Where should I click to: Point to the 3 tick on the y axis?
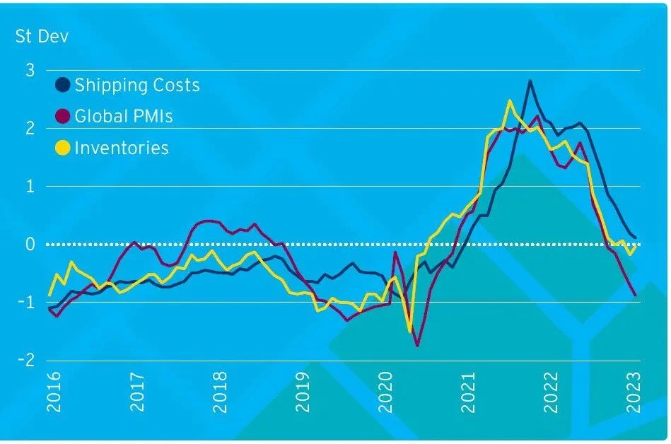(30, 70)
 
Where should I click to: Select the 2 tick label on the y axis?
(30, 129)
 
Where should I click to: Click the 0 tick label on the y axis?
(30, 245)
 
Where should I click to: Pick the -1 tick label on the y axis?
(27, 303)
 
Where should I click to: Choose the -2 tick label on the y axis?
(27, 361)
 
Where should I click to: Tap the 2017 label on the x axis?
(137, 393)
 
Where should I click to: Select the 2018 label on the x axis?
(220, 393)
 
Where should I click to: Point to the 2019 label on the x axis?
(303, 393)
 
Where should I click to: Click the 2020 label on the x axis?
(385, 393)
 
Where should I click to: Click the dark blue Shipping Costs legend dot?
(63, 86)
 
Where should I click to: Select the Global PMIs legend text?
(123, 117)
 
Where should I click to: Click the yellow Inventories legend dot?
(63, 148)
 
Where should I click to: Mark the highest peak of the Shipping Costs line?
(530, 81)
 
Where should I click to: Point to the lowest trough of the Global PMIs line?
(417, 346)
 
